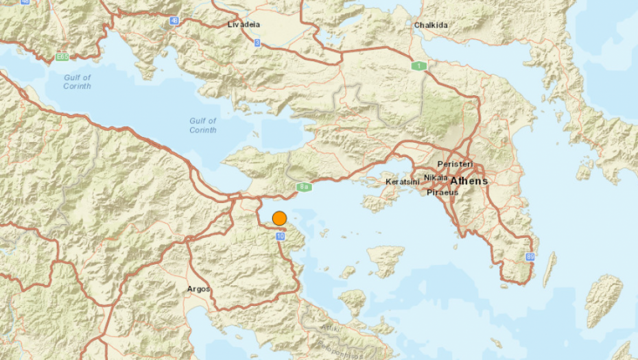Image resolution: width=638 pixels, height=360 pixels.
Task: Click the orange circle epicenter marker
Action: (x=279, y=218)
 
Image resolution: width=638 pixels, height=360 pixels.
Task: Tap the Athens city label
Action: (x=469, y=181)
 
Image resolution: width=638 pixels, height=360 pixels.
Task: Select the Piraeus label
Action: (x=442, y=193)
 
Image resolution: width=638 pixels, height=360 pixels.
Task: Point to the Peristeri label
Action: (x=456, y=165)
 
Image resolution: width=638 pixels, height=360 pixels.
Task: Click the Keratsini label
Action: (x=403, y=182)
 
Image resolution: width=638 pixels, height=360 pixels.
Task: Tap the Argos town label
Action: (x=199, y=289)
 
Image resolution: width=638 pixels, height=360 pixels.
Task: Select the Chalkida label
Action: (x=431, y=25)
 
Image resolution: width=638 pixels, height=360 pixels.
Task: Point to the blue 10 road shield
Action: (x=280, y=236)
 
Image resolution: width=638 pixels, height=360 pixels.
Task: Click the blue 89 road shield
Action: (x=530, y=257)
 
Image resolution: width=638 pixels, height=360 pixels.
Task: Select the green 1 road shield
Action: (x=418, y=66)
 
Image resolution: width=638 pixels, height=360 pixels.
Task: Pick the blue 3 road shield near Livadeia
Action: (x=257, y=43)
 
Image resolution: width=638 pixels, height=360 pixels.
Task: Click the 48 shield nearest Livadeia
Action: (x=174, y=21)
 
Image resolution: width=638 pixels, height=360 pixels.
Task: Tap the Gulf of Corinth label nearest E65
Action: (x=77, y=82)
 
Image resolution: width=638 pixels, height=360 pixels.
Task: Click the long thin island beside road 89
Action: (x=549, y=269)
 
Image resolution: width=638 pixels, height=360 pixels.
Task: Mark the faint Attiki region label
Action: (x=331, y=328)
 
